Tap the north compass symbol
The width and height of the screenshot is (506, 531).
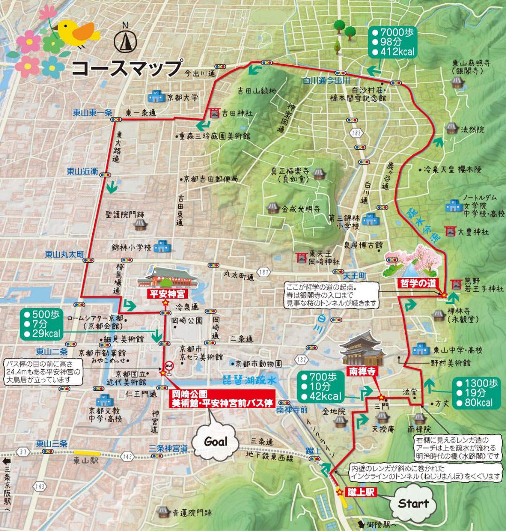coord(125,41)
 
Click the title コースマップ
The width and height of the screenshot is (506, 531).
coord(126,68)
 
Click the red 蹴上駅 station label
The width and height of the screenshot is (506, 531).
coord(361,492)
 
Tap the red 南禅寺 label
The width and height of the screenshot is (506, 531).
coord(361,372)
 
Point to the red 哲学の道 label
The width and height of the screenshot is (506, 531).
coord(418,283)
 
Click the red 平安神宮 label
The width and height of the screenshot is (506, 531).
coord(167,294)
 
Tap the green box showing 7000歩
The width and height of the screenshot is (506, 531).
coord(392,42)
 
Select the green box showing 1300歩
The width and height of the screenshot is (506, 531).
coord(477,393)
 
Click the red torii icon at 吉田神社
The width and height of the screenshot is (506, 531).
coord(215,113)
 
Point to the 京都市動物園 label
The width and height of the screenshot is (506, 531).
coord(258,364)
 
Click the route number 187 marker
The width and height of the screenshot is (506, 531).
coord(264,273)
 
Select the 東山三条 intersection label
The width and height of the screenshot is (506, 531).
coord(52,443)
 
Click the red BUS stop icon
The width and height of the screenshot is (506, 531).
coord(170,365)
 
